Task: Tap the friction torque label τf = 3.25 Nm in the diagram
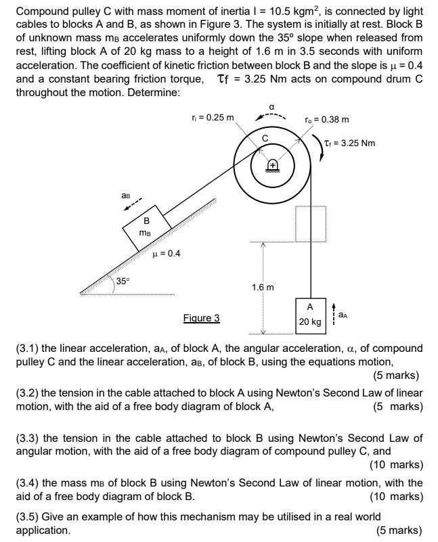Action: pos(351,143)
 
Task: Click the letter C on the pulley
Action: pos(266,138)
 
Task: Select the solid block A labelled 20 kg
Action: pos(310,315)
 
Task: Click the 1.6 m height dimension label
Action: pos(263,288)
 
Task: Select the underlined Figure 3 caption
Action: pos(201,317)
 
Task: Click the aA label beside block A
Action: pos(345,315)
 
